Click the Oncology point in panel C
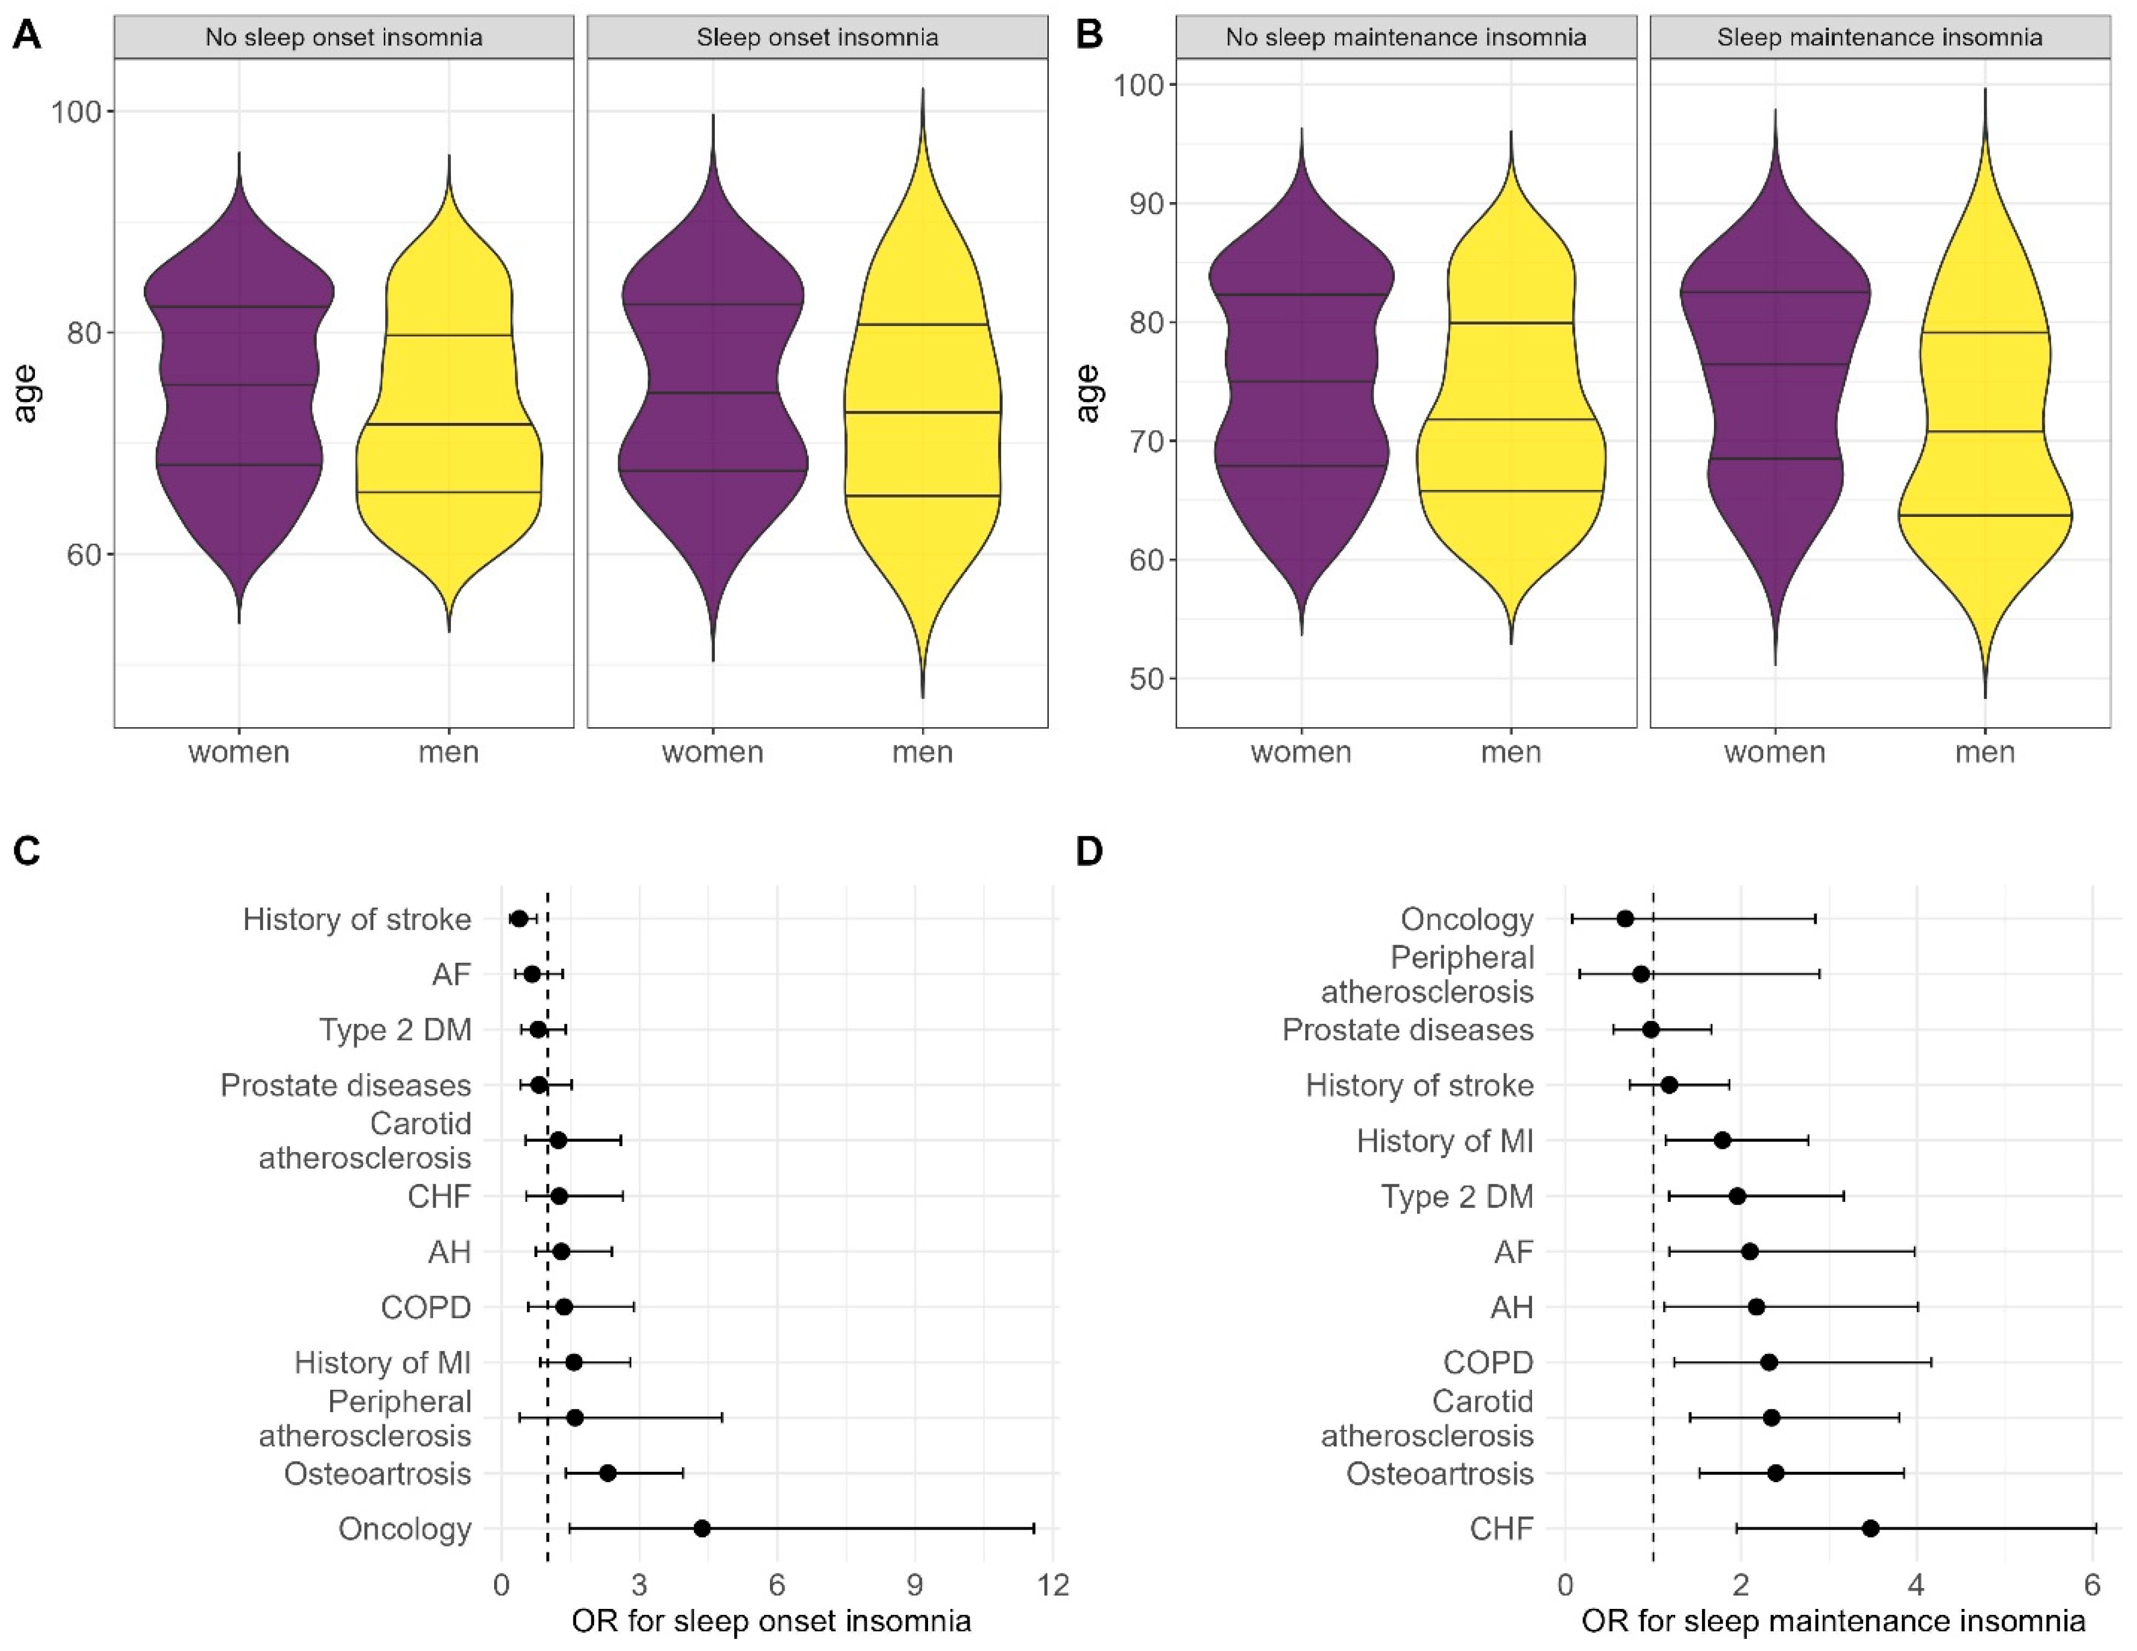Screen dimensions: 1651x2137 pyautogui.click(x=702, y=1529)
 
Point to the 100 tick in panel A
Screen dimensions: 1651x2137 pyautogui.click(x=77, y=111)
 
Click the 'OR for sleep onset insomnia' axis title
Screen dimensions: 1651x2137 pyautogui.click(x=771, y=1621)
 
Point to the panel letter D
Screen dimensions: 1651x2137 pyautogui.click(x=1089, y=852)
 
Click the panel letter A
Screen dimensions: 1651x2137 pyautogui.click(x=26, y=36)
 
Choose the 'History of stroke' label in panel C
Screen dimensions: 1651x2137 pyautogui.click(x=357, y=919)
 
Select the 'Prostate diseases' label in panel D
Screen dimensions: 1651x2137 pyautogui.click(x=1408, y=1030)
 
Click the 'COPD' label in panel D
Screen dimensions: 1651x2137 pyautogui.click(x=1488, y=1363)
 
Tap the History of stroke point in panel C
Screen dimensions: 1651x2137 pyautogui.click(x=520, y=918)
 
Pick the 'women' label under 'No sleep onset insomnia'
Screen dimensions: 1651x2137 pyautogui.click(x=239, y=752)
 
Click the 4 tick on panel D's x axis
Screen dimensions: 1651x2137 pyautogui.click(x=1916, y=1584)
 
